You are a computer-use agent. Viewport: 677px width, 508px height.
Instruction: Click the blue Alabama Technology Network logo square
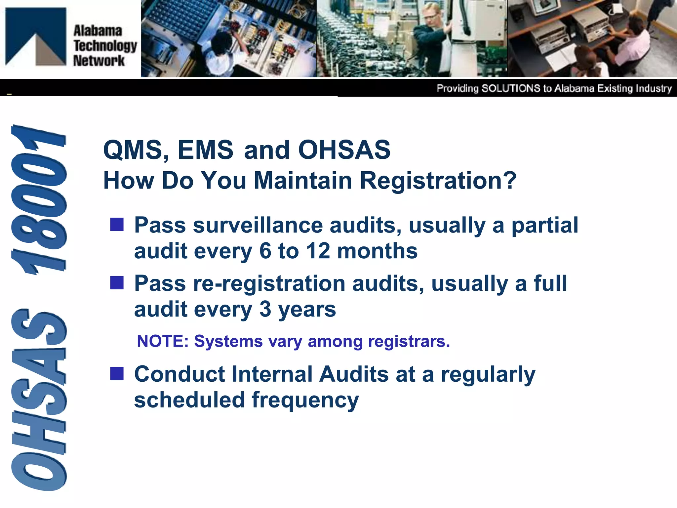[36, 36]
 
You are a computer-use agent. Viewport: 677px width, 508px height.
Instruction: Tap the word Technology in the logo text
[105, 46]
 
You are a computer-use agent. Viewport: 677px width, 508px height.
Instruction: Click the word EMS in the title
[205, 150]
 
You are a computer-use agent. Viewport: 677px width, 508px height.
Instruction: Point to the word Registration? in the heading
[438, 181]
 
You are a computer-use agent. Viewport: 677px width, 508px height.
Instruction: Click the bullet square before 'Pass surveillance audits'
[117, 225]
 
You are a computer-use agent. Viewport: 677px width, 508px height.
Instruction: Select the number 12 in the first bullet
[318, 251]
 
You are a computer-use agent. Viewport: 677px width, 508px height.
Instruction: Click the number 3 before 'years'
[265, 310]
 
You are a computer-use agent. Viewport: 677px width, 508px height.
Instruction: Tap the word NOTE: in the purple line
[163, 341]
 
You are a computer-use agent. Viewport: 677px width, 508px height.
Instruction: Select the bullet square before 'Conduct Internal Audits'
[117, 374]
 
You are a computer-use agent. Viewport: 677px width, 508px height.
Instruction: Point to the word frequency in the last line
[305, 401]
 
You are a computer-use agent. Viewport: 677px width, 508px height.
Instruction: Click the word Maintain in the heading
[303, 181]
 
